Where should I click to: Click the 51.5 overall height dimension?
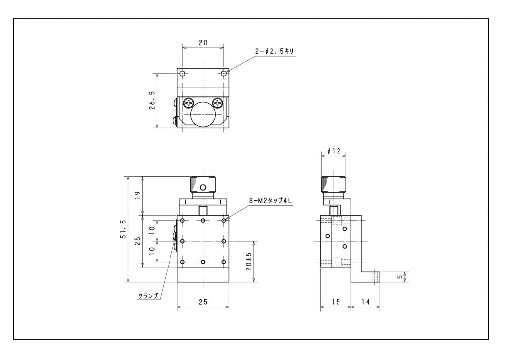pyautogui.click(x=123, y=229)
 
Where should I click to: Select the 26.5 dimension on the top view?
pyautogui.click(x=152, y=100)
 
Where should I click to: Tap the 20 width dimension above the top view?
pyautogui.click(x=203, y=43)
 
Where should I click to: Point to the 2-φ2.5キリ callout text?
pyautogui.click(x=274, y=51)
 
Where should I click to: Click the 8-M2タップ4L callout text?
pyautogui.click(x=270, y=201)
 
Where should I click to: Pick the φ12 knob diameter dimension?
pyautogui.click(x=334, y=151)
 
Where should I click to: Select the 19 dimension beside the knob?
pyautogui.click(x=138, y=195)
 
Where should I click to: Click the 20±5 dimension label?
pyautogui.click(x=249, y=262)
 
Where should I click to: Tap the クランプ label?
pyautogui.click(x=148, y=296)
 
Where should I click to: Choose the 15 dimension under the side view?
pyautogui.click(x=336, y=302)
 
